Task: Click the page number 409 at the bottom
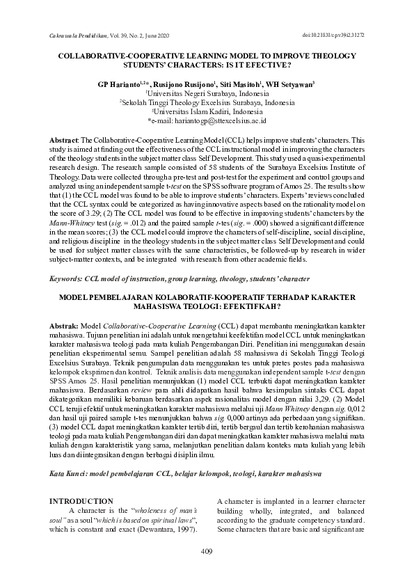tap(206, 552)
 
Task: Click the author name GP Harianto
tap(122, 84)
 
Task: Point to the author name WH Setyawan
tap(292, 84)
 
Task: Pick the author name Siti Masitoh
tap(241, 84)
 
